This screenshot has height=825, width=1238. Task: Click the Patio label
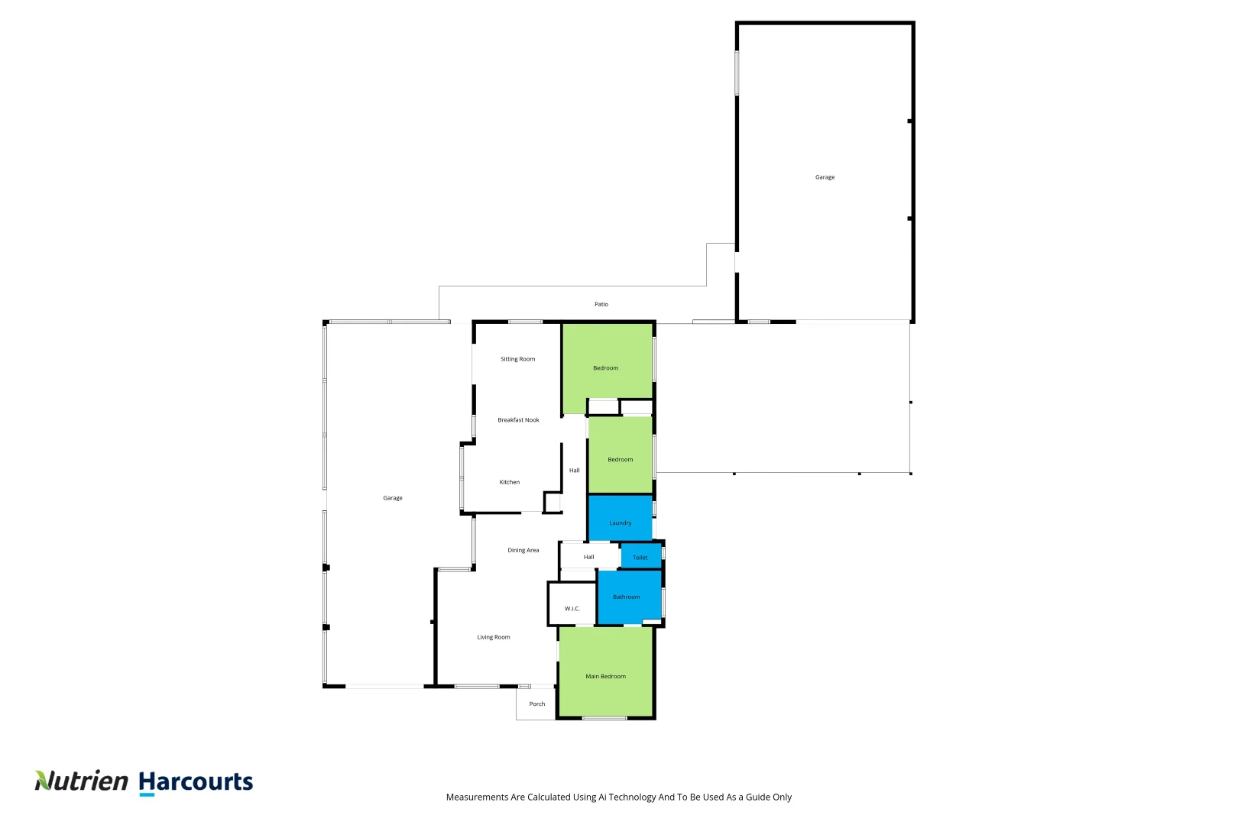pyautogui.click(x=601, y=304)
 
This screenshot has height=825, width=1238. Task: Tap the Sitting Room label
pyautogui.click(x=517, y=359)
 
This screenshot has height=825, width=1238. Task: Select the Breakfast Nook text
pyautogui.click(x=518, y=420)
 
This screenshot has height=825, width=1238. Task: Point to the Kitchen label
pyautogui.click(x=509, y=482)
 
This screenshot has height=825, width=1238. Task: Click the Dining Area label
pyautogui.click(x=523, y=550)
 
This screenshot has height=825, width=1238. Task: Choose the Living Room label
pyautogui.click(x=493, y=637)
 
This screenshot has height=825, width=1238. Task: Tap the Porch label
pyautogui.click(x=537, y=704)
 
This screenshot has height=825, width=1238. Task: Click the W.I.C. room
pyautogui.click(x=572, y=608)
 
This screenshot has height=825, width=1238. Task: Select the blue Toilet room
pyautogui.click(x=640, y=557)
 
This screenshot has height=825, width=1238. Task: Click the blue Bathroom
pyautogui.click(x=627, y=597)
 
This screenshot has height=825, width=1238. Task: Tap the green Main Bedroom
pyautogui.click(x=605, y=676)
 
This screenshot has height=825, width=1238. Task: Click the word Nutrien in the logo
pyautogui.click(x=82, y=781)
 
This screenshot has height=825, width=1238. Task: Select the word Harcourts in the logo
pyautogui.click(x=196, y=781)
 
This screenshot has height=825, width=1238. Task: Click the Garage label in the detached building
pyautogui.click(x=825, y=177)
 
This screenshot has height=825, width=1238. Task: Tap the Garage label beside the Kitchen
pyautogui.click(x=392, y=498)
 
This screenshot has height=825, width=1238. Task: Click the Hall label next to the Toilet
pyautogui.click(x=588, y=557)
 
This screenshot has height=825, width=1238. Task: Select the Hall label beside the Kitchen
pyautogui.click(x=574, y=471)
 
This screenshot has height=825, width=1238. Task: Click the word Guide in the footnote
pyautogui.click(x=758, y=797)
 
